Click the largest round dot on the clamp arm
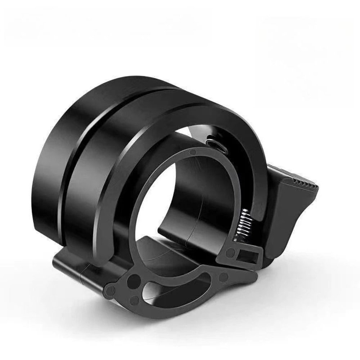coord(135,279)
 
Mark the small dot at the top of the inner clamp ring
coord(193,153)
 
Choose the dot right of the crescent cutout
coord(223,277)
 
